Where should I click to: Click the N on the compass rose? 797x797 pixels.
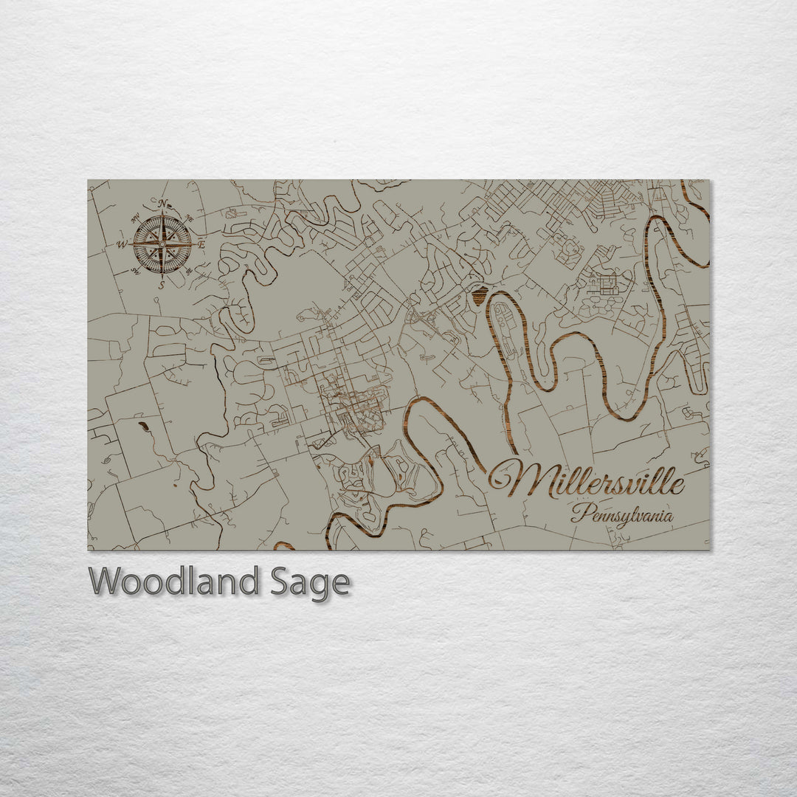coord(162,204)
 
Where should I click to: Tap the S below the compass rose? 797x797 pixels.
coord(162,283)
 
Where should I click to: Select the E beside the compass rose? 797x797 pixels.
coord(201,244)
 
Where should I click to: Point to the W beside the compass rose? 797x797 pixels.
coord(122,244)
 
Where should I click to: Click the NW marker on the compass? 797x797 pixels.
coord(135,217)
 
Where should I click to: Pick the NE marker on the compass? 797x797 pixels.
coord(189,218)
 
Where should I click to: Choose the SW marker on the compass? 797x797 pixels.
coord(135,271)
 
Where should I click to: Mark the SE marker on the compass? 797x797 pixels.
coord(189,272)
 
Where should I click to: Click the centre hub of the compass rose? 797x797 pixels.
coord(162,244)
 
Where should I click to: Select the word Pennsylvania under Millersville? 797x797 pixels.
coord(622,514)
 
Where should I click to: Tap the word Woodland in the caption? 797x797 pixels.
coord(174,582)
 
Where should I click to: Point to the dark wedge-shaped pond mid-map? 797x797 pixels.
coord(480,297)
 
